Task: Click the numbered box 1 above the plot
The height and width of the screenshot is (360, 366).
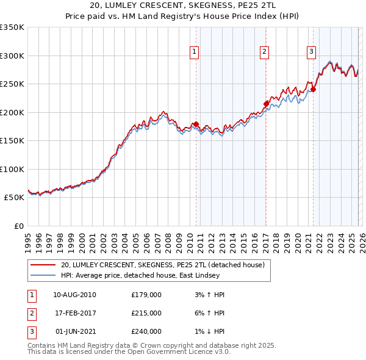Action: tap(194, 52)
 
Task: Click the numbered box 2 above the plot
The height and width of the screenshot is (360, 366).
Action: tap(265, 52)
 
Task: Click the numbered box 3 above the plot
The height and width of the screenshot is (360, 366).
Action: tap(311, 52)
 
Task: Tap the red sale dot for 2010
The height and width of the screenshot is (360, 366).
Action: tap(196, 124)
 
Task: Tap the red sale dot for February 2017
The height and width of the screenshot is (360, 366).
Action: tap(266, 104)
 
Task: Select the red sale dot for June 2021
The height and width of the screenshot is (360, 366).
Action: tap(313, 89)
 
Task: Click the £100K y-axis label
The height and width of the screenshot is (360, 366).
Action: tap(12, 169)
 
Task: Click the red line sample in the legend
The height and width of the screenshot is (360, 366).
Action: tap(43, 265)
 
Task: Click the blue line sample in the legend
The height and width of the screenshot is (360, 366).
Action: tap(43, 275)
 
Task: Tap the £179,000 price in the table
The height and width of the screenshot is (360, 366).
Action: tap(146, 295)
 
